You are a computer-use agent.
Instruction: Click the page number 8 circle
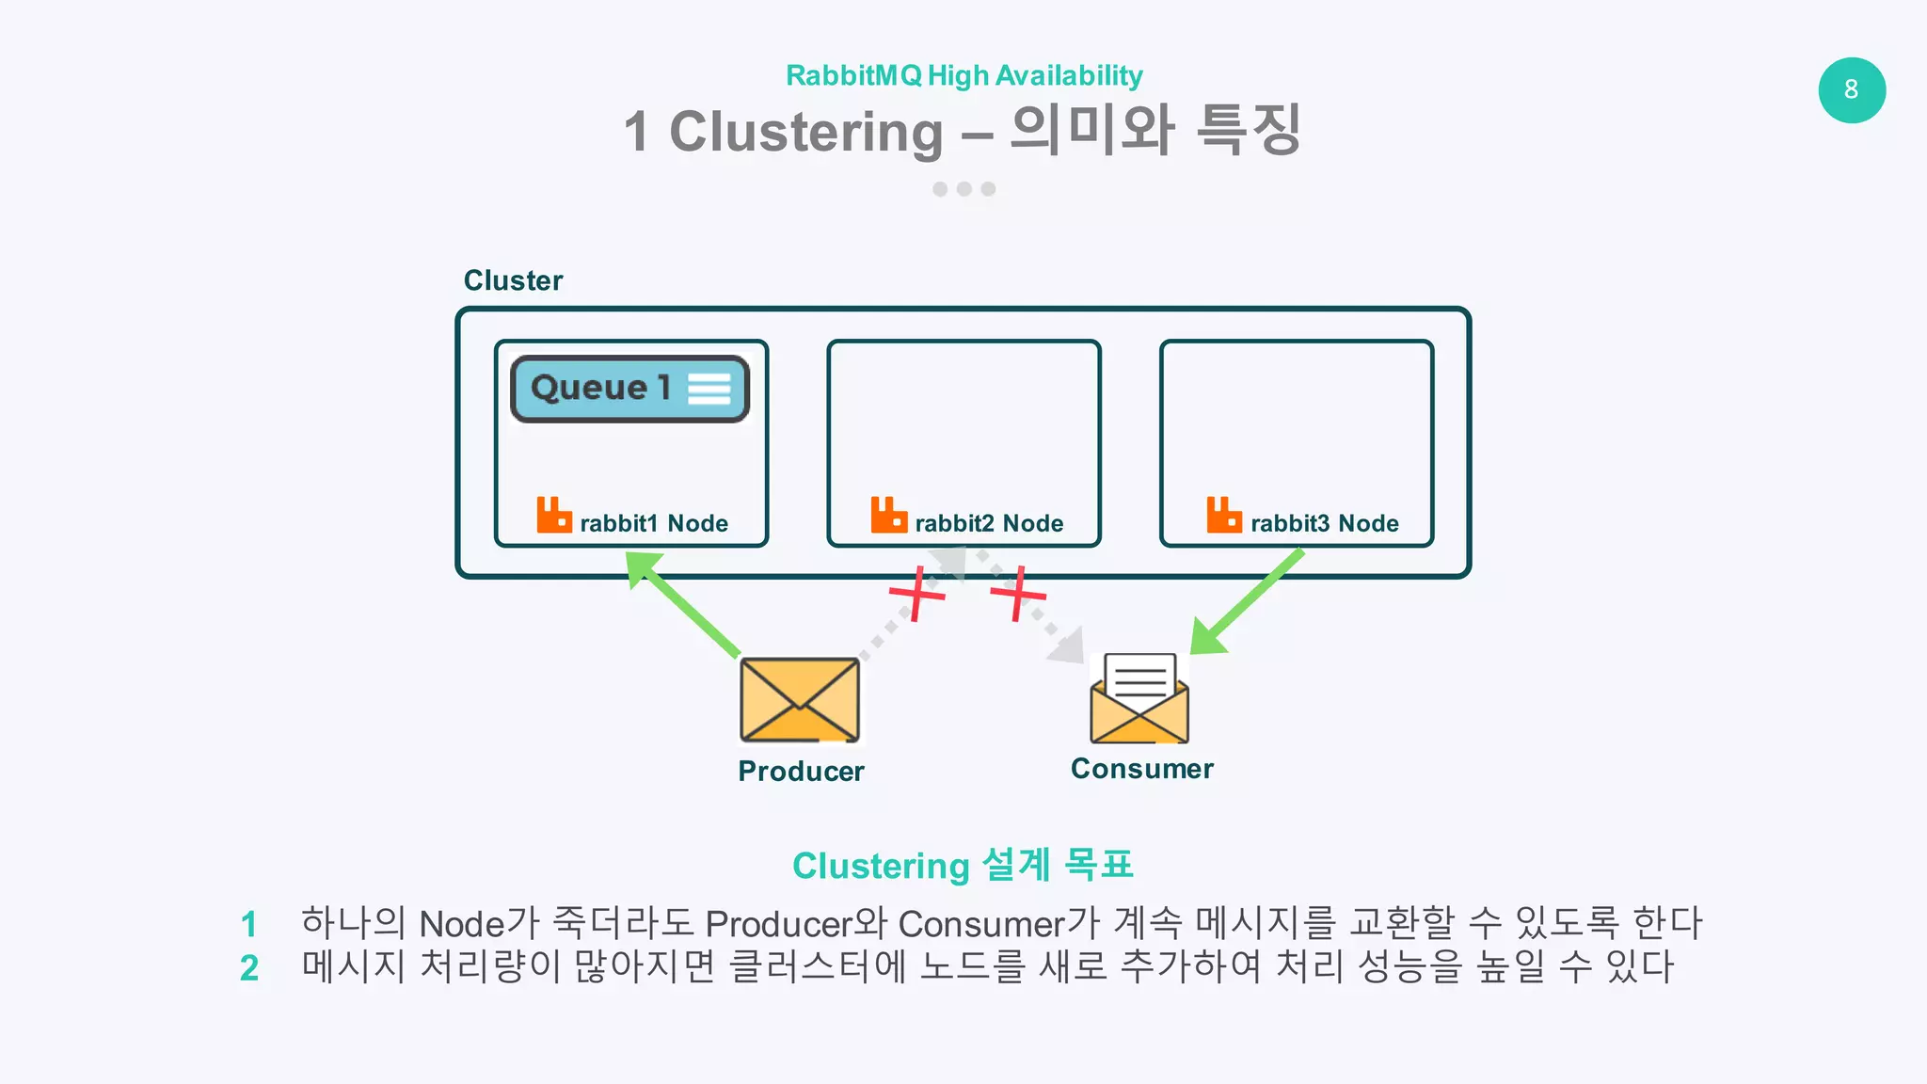(1851, 90)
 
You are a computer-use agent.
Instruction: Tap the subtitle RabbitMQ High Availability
(963, 75)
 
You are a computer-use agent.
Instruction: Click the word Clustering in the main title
(805, 132)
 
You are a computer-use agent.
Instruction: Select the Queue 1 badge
(629, 389)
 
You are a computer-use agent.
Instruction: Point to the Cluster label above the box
(513, 280)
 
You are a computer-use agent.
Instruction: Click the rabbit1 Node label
(654, 523)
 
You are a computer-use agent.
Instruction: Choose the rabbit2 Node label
(989, 523)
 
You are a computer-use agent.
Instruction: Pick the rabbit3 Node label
(1324, 523)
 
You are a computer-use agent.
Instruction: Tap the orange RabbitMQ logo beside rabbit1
(554, 516)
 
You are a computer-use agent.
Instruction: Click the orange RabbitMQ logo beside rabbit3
(1224, 516)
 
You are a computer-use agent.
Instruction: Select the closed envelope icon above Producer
(800, 700)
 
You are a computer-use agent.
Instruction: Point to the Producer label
(801, 772)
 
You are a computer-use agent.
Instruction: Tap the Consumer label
(1142, 769)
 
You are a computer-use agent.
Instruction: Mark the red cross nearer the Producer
(917, 593)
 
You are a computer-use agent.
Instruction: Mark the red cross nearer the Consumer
(1018, 593)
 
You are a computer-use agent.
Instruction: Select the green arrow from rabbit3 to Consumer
(1247, 602)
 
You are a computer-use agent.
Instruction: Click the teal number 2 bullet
(249, 968)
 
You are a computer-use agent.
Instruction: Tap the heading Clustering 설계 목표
(963, 866)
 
